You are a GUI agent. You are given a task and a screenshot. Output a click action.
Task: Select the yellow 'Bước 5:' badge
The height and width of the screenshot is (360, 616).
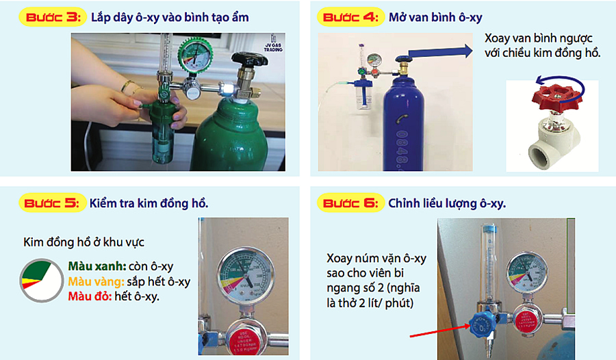51,203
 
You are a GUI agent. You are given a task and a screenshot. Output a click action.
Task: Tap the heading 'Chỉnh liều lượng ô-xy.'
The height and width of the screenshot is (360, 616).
446,203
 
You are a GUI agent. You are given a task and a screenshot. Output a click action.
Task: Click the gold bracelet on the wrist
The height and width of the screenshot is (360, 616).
129,87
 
